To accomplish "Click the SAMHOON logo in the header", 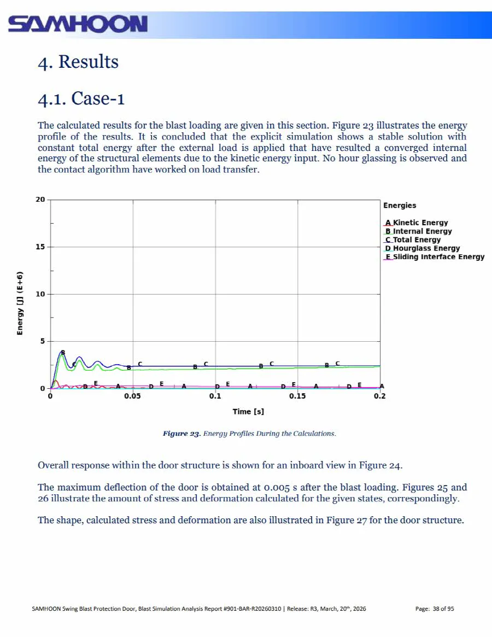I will click(78, 24).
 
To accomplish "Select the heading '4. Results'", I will click(78, 61).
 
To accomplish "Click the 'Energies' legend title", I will click(400, 206).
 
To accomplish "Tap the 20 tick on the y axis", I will click(40, 200).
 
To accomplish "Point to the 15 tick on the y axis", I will click(40, 247).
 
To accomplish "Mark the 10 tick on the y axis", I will click(40, 294).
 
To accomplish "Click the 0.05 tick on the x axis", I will click(133, 396).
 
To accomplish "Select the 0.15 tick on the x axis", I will click(297, 396).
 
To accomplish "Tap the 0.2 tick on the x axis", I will click(379, 396).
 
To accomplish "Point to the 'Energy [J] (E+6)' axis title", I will click(20, 303).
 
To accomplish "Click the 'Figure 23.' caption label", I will click(181, 434).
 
